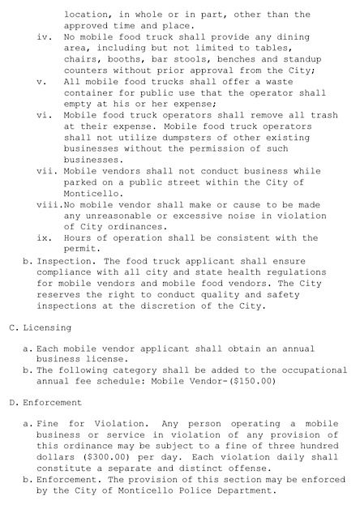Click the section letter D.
click(11, 402)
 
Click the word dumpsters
click(161, 138)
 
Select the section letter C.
click(11, 327)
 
